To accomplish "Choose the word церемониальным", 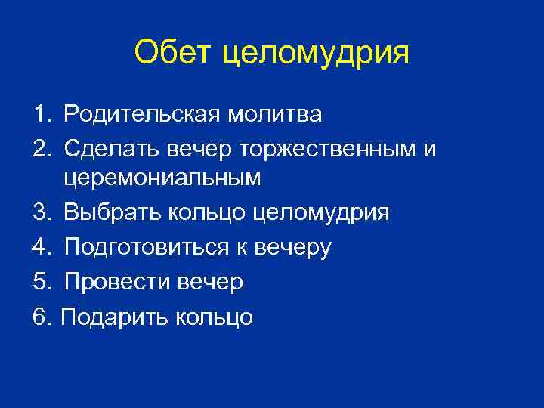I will point(162,179).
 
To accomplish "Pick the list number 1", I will point(39,115).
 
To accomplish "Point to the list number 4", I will point(39,247).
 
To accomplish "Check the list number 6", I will point(39,316).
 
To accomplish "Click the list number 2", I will point(39,147).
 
